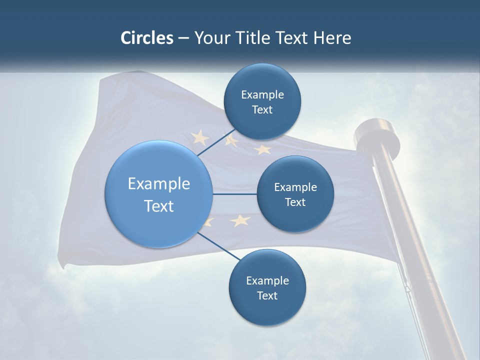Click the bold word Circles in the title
point(146,38)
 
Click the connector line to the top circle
point(216,142)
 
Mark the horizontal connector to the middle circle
point(234,194)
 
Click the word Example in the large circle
point(158,183)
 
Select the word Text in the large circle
point(158,205)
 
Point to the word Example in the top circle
point(262,94)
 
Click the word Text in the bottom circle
point(267,295)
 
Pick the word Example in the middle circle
point(295,187)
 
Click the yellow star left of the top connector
point(200,136)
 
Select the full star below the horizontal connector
point(240,220)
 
